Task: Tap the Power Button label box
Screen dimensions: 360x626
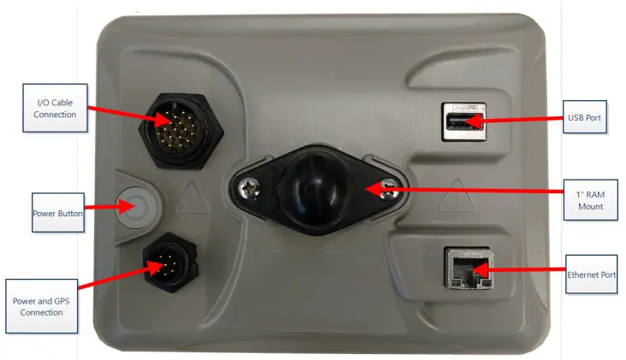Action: [x=57, y=213]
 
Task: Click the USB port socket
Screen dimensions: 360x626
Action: [x=463, y=121]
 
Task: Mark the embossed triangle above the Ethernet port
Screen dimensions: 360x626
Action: [x=458, y=190]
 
